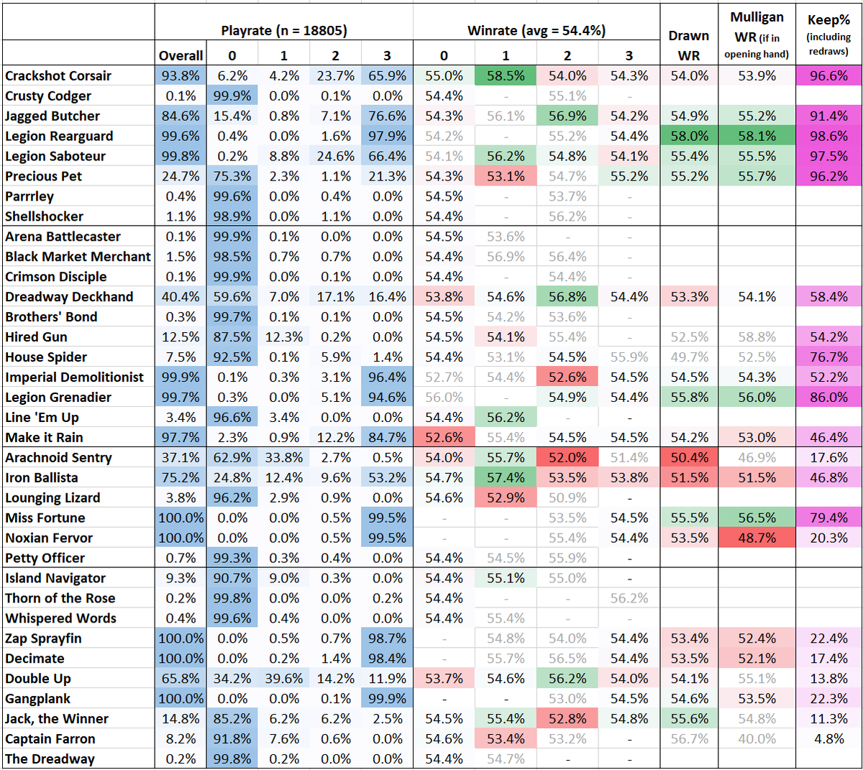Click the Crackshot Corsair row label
(58, 75)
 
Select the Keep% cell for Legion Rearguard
(828, 136)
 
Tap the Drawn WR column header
(688, 45)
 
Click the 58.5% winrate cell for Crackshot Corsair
(505, 75)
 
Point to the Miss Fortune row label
(45, 518)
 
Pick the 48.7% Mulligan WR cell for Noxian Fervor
(757, 538)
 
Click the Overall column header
(181, 55)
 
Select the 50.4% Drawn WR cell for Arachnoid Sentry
(688, 457)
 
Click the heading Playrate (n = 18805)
(283, 30)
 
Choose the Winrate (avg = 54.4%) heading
(536, 30)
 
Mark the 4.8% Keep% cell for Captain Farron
(828, 739)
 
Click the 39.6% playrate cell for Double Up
(283, 679)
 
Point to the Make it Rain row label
(44, 437)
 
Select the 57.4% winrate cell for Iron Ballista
(505, 477)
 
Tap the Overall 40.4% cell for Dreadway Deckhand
(181, 296)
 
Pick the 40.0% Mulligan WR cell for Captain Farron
(757, 739)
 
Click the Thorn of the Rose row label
(60, 598)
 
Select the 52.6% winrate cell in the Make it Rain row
(444, 437)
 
